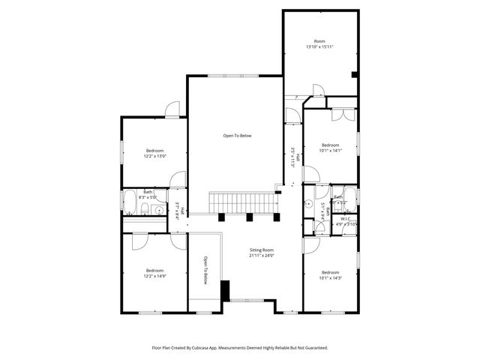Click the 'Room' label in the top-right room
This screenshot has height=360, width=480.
pos(319,40)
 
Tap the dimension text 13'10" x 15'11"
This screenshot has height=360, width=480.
pos(319,46)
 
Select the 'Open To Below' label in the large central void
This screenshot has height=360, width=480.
pos(237,136)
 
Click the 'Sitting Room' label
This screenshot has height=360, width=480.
pos(262,250)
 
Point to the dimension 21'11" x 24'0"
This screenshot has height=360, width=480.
pos(262,256)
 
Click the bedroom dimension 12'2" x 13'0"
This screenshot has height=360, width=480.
pos(155,156)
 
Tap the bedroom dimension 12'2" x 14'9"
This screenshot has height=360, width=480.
pos(155,275)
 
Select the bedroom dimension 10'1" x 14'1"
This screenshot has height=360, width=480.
pos(331,150)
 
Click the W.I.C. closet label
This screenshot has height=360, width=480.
pos(346,219)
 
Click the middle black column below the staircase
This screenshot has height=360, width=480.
pos(249,217)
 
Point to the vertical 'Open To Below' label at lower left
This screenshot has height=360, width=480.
pos(205,271)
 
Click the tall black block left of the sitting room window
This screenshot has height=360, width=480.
pos(223,290)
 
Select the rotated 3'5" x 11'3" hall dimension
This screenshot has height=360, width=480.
pos(292,157)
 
